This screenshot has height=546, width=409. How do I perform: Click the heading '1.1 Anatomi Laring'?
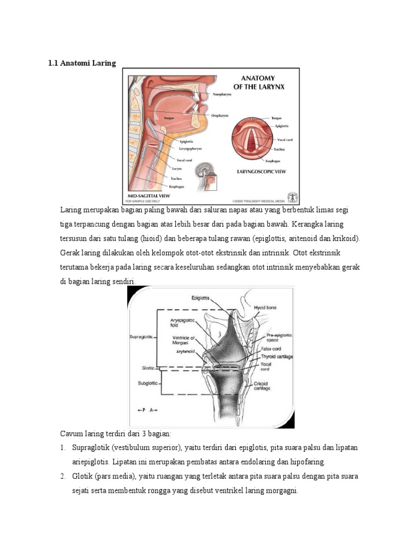coord(81,63)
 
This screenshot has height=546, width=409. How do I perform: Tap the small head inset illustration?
coord(206,178)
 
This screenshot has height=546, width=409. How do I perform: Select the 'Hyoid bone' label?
coord(265,308)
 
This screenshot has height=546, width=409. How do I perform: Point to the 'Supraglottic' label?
coord(142,337)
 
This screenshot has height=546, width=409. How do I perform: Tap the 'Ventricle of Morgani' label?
coord(184,340)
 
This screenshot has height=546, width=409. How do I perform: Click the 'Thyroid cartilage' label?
coord(277,356)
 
